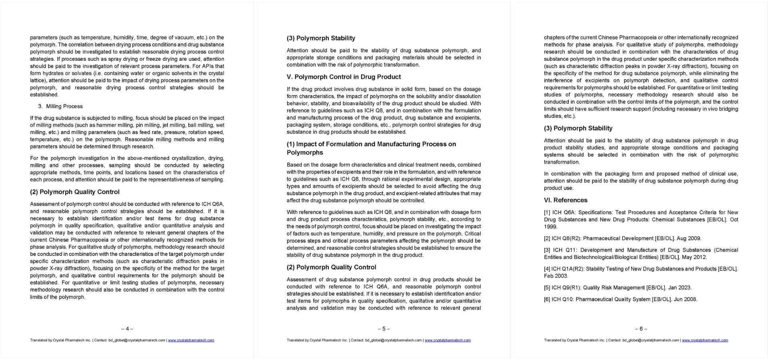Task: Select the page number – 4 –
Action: pyautogui.click(x=127, y=329)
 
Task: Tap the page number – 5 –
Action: pyautogui.click(x=384, y=329)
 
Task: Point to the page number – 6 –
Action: pyautogui.click(x=641, y=329)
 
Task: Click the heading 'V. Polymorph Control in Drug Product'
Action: pyautogui.click(x=344, y=77)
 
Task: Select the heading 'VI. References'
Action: pyautogui.click(x=566, y=200)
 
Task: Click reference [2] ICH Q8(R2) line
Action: pyautogui.click(x=622, y=238)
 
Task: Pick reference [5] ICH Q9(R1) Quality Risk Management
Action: pyautogui.click(x=617, y=288)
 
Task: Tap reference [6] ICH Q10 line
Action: pyautogui.click(x=620, y=299)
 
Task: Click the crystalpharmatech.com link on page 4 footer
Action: pyautogui.click(x=191, y=340)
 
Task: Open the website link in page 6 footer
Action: pyautogui.click(x=705, y=340)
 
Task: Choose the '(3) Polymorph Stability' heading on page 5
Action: pyautogui.click(x=321, y=38)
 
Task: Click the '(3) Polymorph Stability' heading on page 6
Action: pyautogui.click(x=578, y=128)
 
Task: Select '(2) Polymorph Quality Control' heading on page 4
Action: pyautogui.click(x=75, y=192)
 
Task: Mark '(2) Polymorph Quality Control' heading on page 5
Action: pyautogui.click(x=331, y=267)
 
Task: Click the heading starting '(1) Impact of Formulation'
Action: pyautogui.click(x=371, y=144)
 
